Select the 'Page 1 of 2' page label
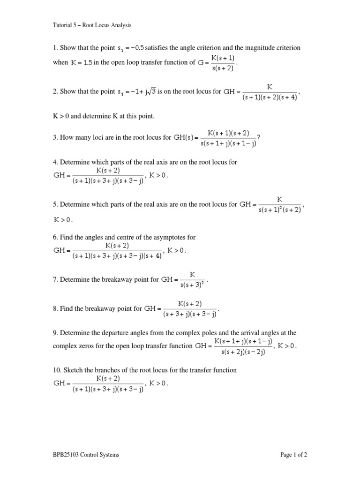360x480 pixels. pos(293,454)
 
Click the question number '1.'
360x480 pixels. pos(55,48)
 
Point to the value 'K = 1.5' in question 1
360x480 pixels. pos(82,63)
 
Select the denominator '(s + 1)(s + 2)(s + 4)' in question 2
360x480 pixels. pos(269,98)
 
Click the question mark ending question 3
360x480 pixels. pos(258,137)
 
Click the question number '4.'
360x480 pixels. pos(55,162)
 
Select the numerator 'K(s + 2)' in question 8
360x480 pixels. pos(190,304)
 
